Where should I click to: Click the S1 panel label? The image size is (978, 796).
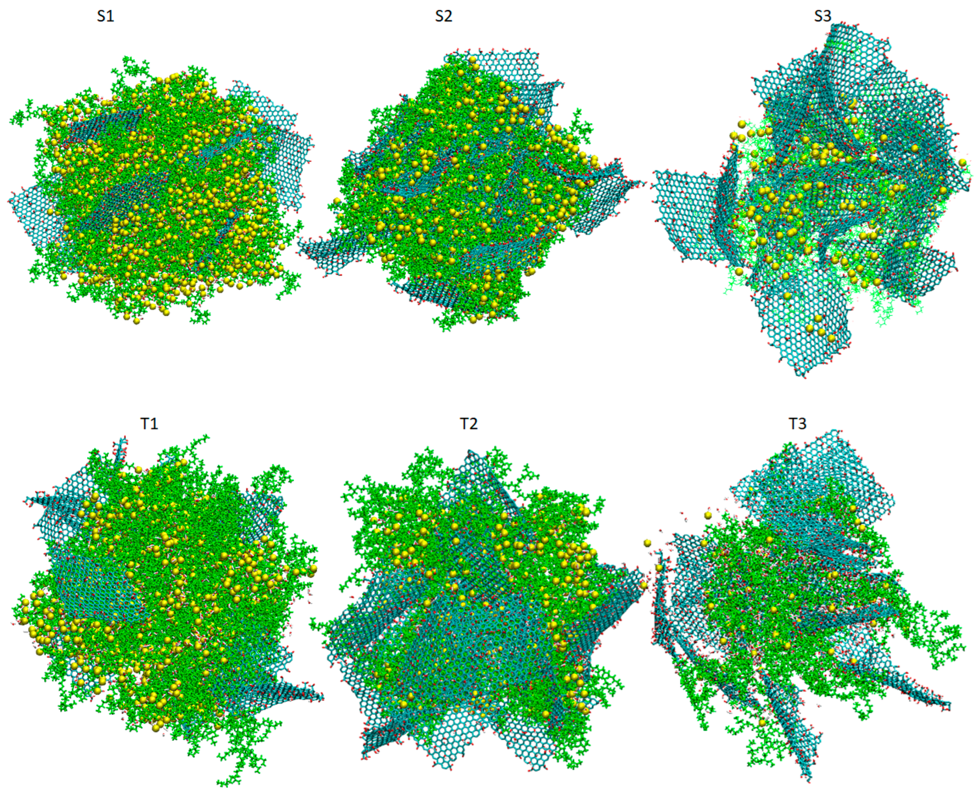[105, 17]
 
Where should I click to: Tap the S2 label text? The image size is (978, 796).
[443, 17]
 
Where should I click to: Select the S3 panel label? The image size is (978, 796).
[822, 17]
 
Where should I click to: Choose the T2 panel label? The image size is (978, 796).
[468, 424]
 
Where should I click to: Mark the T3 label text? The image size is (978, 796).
[798, 424]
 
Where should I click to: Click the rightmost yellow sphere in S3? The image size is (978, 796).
[962, 162]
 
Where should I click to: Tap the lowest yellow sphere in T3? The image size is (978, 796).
[762, 723]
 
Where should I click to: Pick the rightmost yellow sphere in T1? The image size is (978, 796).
[313, 569]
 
